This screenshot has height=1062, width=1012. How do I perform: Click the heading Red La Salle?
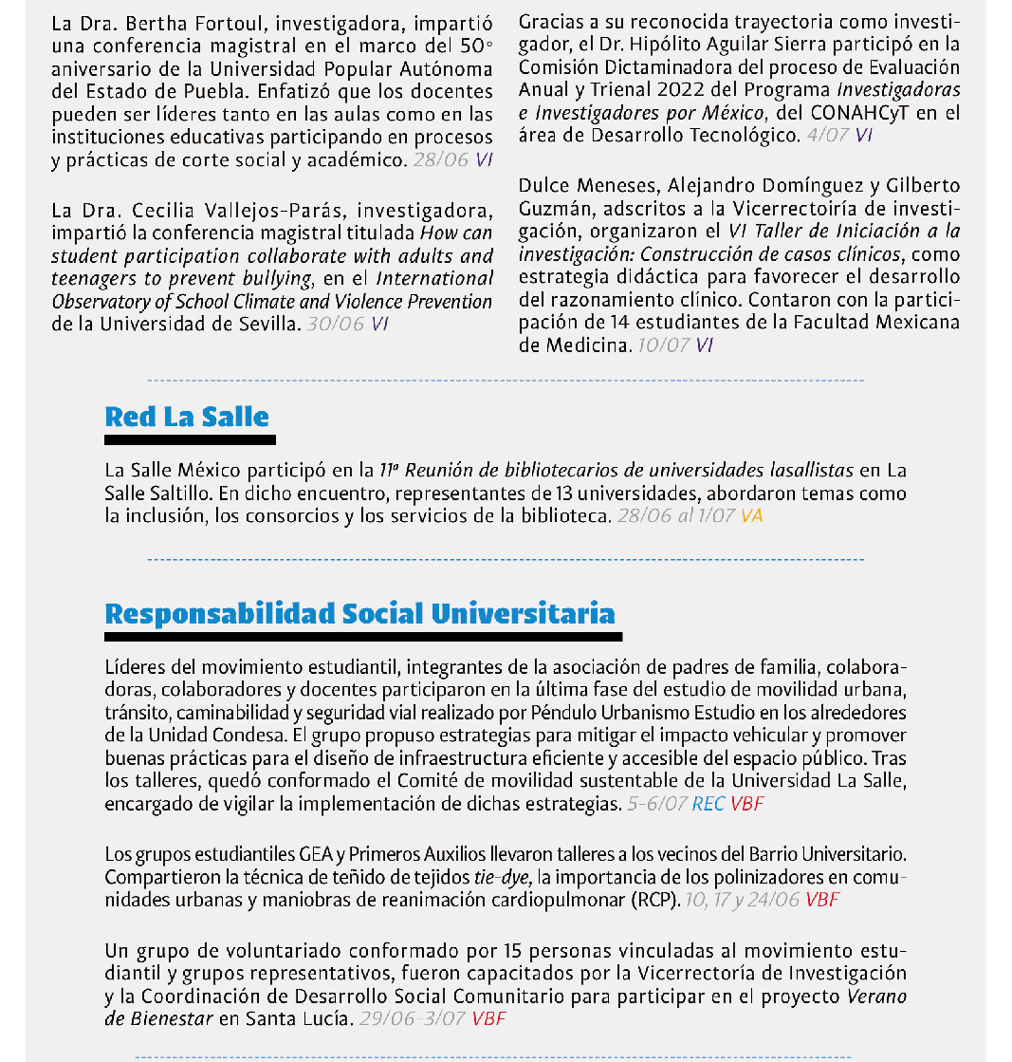tap(187, 417)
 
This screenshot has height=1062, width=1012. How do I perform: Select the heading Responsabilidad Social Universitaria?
tap(359, 614)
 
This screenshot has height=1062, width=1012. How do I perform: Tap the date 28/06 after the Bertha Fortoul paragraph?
tap(441, 159)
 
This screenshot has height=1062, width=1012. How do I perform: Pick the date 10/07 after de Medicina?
tap(663, 345)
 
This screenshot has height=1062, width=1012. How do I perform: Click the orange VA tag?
tap(752, 515)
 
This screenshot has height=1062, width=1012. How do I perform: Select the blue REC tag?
tap(708, 804)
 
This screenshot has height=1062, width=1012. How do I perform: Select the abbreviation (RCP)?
tap(655, 900)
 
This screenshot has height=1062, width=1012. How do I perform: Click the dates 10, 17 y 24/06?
tap(741, 900)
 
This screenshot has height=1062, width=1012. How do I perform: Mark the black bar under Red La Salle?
tap(190, 439)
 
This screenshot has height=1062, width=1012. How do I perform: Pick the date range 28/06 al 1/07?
tap(675, 515)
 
